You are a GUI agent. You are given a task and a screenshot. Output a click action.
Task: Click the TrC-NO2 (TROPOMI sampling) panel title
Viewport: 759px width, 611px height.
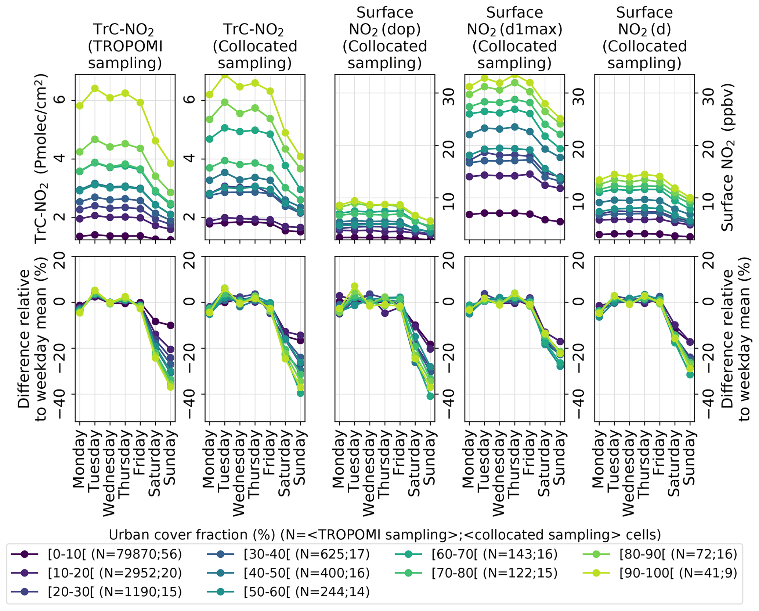click(x=125, y=46)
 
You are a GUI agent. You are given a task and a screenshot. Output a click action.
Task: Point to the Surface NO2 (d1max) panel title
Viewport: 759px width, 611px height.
click(x=514, y=38)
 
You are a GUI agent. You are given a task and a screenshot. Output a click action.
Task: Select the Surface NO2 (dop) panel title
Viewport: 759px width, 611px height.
click(x=385, y=38)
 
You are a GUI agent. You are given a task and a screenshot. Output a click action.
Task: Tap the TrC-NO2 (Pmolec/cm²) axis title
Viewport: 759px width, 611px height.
click(x=41, y=158)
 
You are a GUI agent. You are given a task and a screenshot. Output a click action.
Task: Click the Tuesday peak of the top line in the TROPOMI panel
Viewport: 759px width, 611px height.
click(x=95, y=88)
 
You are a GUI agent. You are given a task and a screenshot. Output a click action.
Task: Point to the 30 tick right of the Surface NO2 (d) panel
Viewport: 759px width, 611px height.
click(x=708, y=94)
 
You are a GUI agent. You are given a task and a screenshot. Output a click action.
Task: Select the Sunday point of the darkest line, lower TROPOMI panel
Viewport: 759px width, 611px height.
click(x=170, y=325)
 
